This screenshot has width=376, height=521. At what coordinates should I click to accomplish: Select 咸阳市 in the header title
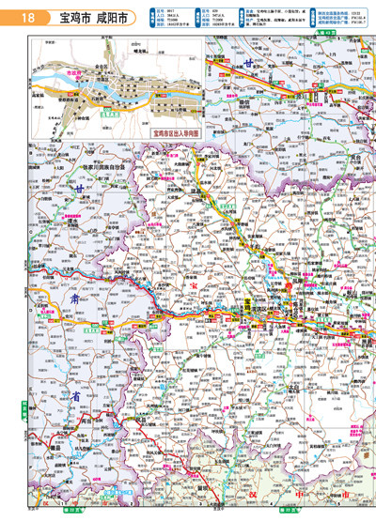click(x=117, y=17)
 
